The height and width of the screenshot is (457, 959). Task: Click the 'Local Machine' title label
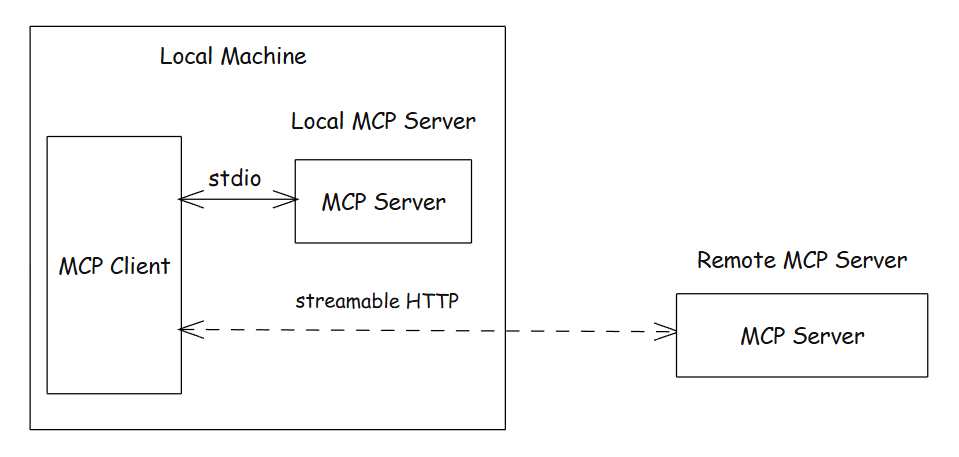233,56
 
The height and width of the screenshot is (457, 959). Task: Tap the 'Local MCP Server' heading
383,122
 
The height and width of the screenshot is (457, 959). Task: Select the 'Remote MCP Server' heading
802,261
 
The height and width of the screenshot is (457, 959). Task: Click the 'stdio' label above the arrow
235,179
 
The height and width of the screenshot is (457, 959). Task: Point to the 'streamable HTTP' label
377,300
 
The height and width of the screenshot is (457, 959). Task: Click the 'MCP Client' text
114,267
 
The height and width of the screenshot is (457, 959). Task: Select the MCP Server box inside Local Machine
383,202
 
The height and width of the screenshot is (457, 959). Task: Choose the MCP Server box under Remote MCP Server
802,336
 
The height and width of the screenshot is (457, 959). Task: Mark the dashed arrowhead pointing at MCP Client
187,328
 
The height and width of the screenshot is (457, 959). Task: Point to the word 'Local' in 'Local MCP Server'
318,122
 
